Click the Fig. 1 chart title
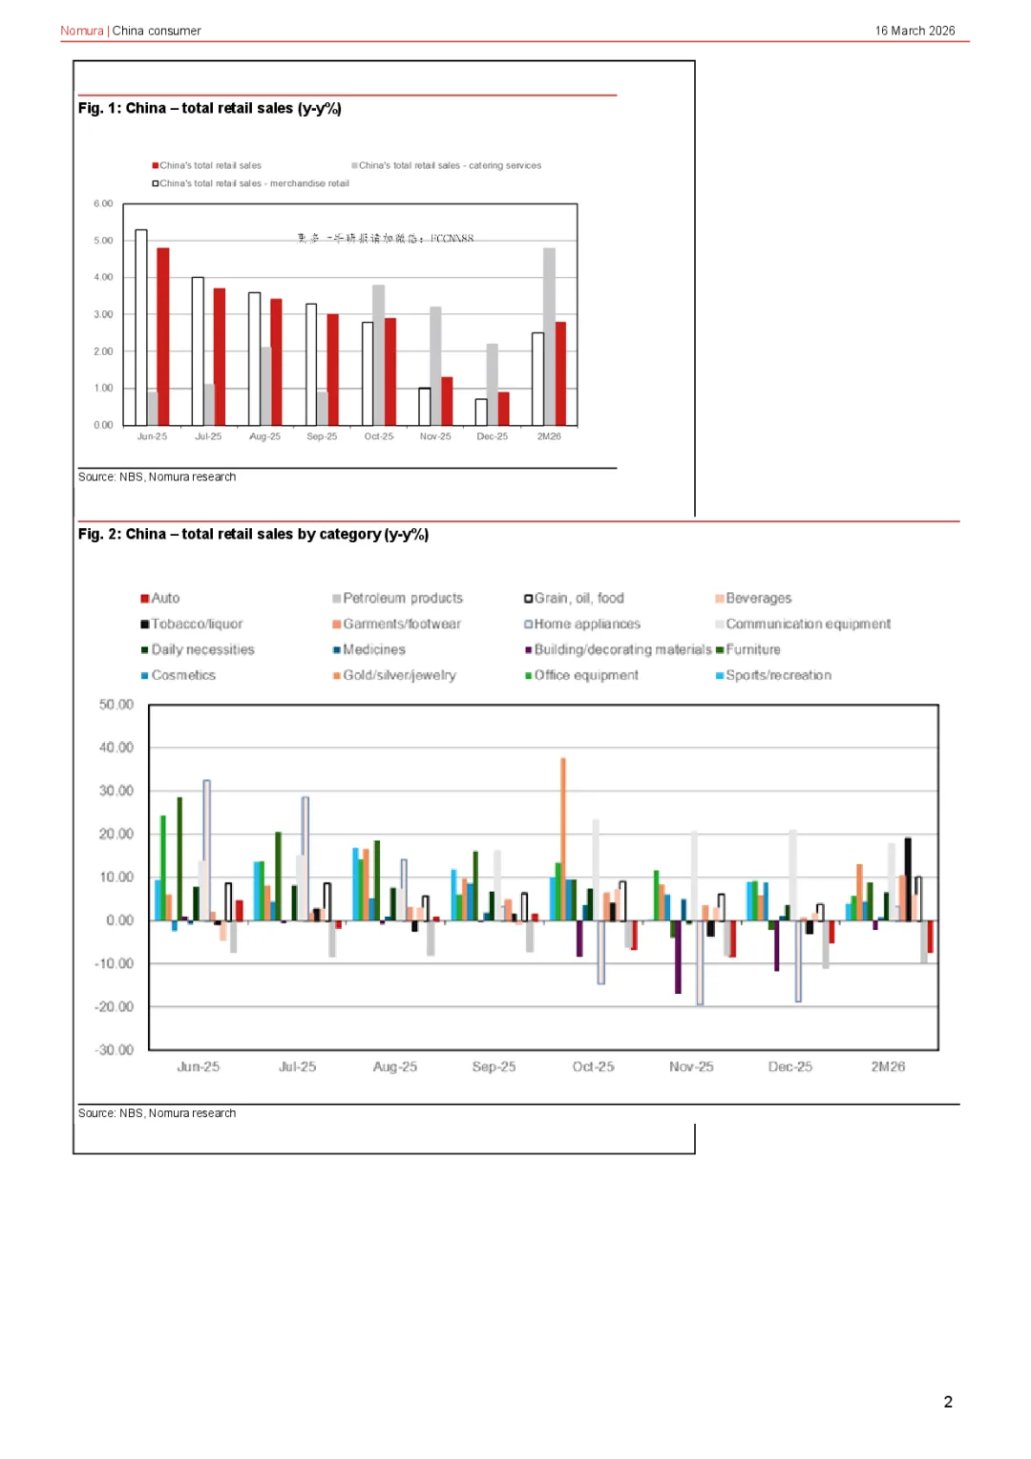[209, 109]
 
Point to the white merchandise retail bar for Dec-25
[481, 412]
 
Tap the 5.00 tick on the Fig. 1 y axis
[103, 241]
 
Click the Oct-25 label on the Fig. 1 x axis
[379, 436]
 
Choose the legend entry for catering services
[449, 166]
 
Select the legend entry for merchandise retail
[253, 183]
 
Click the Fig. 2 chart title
[253, 535]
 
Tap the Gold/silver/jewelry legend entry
[398, 675]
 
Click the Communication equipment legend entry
[807, 624]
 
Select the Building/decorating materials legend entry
[621, 649]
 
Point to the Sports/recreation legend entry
[777, 675]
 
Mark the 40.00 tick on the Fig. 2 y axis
[116, 748]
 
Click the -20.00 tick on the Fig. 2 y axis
[115, 1006]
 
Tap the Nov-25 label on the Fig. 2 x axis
[691, 1067]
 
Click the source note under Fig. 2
[157, 1113]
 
